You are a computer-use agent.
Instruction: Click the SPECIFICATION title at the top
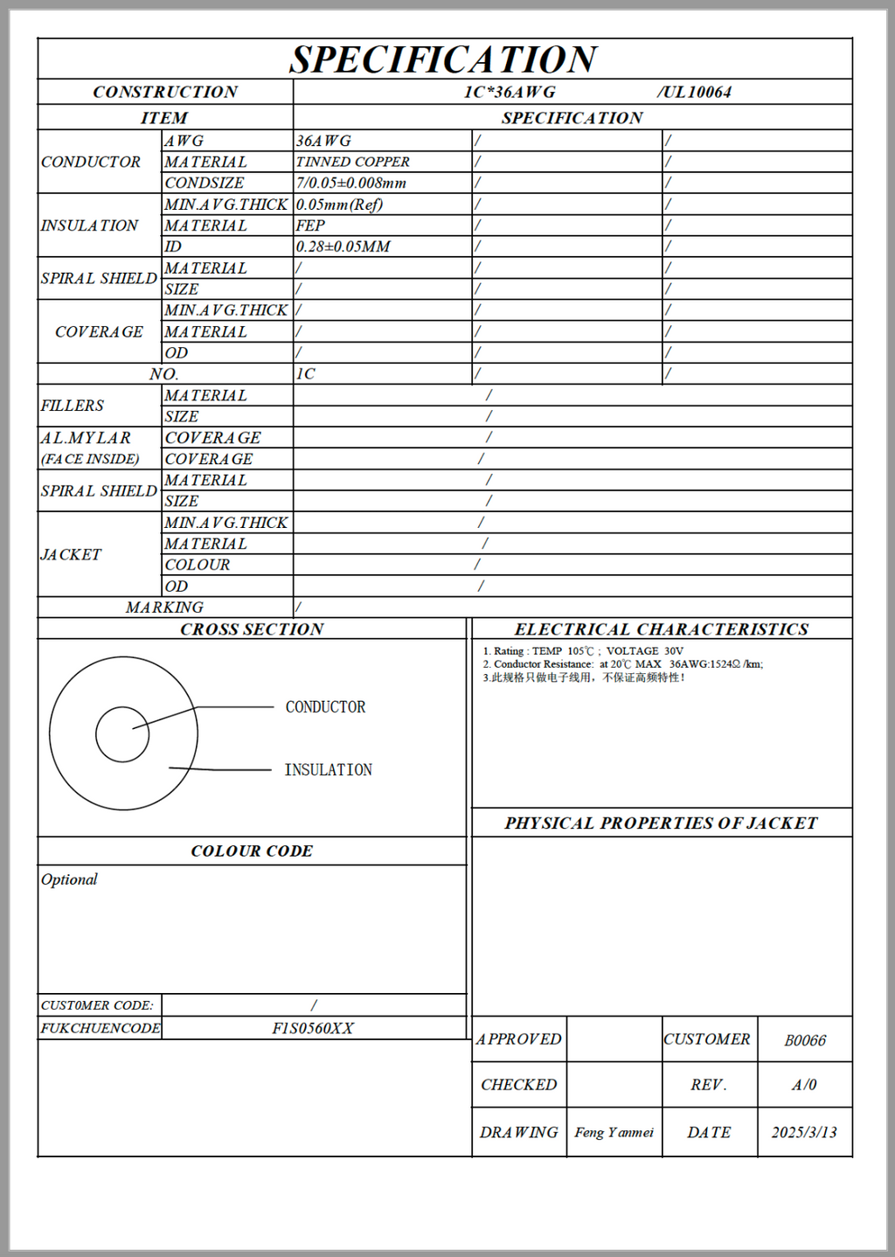[x=443, y=59]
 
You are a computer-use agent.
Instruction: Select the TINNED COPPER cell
[x=352, y=162]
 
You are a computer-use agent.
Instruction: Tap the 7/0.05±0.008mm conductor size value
[x=350, y=183]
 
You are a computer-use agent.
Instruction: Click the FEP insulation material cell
[x=310, y=226]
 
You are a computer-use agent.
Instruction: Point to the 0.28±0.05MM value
[x=343, y=247]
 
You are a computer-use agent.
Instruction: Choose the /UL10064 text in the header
[x=694, y=92]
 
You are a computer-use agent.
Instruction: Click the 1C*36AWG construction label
[x=510, y=92]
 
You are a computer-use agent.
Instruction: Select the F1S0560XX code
[x=313, y=1028]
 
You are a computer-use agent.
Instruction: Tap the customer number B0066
[x=805, y=1040]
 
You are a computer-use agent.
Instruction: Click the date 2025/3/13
[x=804, y=1132]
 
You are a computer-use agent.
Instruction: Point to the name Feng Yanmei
[x=614, y=1132]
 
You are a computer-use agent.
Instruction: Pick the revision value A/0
[x=804, y=1085]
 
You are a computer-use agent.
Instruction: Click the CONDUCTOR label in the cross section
[x=325, y=707]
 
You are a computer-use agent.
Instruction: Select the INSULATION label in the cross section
[x=328, y=770]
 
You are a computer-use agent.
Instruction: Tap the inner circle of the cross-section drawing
[x=122, y=734]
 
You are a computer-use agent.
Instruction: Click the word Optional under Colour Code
[x=69, y=879]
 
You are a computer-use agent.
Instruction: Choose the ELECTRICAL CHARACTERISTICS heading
[x=661, y=629]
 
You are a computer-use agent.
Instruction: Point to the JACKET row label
[x=71, y=554]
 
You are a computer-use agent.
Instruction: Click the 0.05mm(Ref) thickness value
[x=339, y=205]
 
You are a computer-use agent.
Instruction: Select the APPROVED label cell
[x=518, y=1039]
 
